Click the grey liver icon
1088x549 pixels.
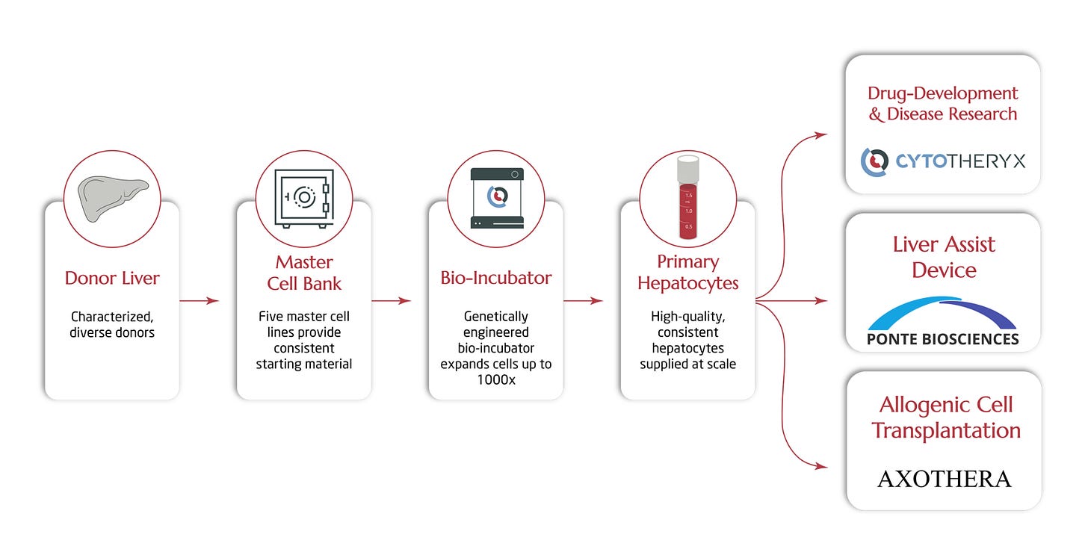(x=112, y=198)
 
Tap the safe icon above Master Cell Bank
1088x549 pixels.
(x=304, y=198)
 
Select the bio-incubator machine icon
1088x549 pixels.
(x=496, y=198)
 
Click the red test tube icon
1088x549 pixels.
(x=687, y=198)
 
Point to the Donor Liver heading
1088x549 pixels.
(x=112, y=279)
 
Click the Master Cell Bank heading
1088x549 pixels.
(x=304, y=273)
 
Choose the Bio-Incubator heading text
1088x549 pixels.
(x=496, y=278)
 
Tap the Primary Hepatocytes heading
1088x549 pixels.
(x=687, y=273)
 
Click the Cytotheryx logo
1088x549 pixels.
(x=942, y=161)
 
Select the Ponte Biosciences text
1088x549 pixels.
(x=943, y=339)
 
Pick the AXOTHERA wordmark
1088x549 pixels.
(x=944, y=479)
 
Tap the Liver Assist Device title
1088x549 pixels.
(x=944, y=256)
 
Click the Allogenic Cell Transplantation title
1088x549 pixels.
(x=945, y=418)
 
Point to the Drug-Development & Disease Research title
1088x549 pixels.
(x=942, y=104)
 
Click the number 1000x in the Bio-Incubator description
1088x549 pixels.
(x=496, y=379)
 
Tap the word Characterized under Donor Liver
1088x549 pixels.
(x=113, y=317)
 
